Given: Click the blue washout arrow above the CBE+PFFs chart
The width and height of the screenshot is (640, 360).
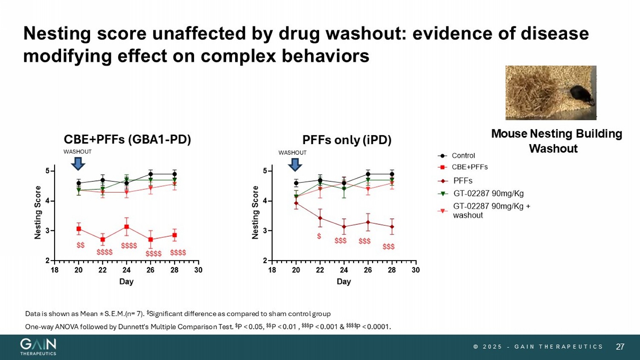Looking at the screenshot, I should (x=78, y=163).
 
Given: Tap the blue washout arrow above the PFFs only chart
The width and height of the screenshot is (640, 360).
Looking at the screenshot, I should (x=295, y=164).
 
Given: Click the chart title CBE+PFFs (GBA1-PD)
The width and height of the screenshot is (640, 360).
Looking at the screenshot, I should (x=127, y=139).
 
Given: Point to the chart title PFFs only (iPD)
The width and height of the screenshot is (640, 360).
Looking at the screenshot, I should (x=347, y=140).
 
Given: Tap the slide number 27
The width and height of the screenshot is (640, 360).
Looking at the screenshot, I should (x=620, y=347).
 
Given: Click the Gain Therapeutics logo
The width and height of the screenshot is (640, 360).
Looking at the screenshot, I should (x=38, y=347).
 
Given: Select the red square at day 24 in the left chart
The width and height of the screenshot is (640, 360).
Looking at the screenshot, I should (x=127, y=227).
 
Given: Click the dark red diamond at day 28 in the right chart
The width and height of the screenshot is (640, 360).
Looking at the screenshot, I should (x=392, y=227).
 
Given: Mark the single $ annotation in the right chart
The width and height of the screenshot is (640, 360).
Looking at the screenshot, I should (x=319, y=236).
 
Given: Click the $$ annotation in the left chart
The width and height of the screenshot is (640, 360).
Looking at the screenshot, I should (x=80, y=245).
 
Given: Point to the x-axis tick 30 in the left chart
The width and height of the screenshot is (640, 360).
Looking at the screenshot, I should (x=198, y=270).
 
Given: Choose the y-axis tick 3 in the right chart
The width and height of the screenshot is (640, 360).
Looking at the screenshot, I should (x=265, y=231).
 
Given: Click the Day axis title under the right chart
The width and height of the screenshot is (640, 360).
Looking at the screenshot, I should (x=343, y=282).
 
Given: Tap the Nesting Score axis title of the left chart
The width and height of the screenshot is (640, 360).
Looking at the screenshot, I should (x=38, y=212).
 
